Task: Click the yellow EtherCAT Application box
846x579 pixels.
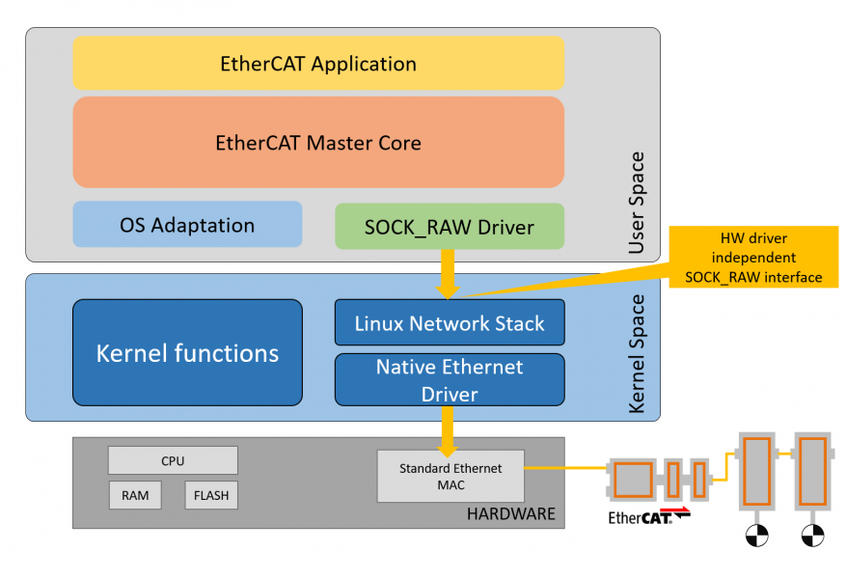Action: click(x=318, y=63)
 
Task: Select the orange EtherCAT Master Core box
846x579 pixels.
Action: click(x=318, y=143)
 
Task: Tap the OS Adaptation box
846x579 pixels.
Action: click(x=187, y=225)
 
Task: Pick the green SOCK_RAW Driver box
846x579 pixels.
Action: click(x=450, y=226)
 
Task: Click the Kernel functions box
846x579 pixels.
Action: click(x=187, y=353)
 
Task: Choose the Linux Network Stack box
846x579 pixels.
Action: click(x=450, y=322)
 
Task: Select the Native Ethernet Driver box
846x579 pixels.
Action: click(x=450, y=380)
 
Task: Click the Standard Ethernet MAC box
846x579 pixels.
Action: click(x=450, y=477)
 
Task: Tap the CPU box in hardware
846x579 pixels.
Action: click(x=173, y=460)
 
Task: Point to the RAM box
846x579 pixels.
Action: click(x=135, y=495)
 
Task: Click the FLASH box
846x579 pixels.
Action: click(x=211, y=495)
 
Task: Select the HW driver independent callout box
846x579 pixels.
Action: click(x=753, y=257)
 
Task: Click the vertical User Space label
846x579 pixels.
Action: click(x=637, y=203)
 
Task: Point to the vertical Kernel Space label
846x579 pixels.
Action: click(x=637, y=354)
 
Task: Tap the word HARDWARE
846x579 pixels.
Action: click(x=511, y=513)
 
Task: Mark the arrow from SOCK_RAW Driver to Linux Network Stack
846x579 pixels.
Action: click(x=448, y=274)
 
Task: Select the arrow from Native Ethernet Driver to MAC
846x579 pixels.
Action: click(x=448, y=431)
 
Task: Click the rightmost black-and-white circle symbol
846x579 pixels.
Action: click(x=812, y=536)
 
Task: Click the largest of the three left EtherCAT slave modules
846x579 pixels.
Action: click(x=633, y=480)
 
